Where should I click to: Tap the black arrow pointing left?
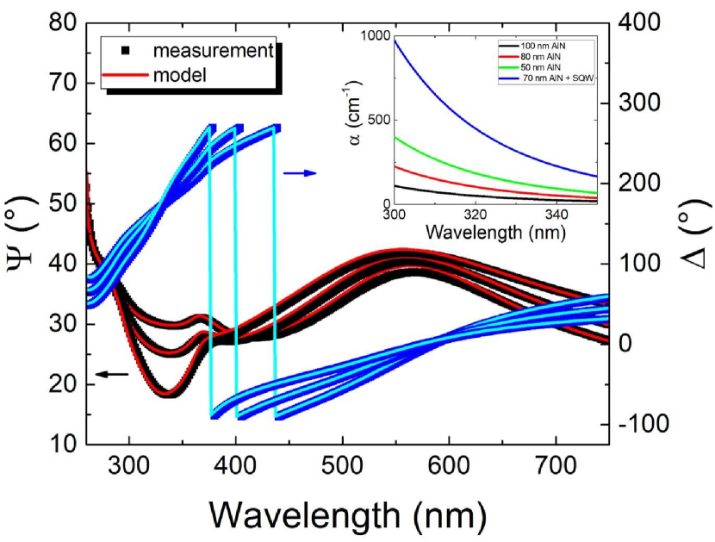111,373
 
